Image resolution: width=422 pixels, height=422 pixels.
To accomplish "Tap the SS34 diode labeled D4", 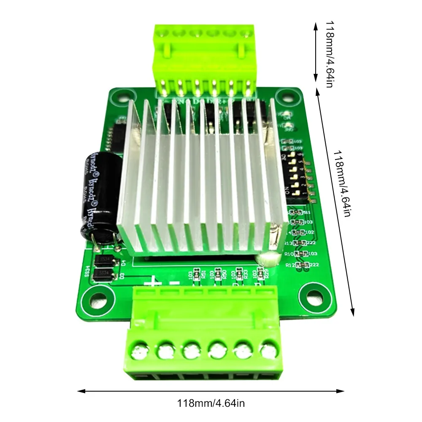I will point(103,260).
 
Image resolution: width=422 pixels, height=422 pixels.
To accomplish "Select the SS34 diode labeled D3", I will point(101,275).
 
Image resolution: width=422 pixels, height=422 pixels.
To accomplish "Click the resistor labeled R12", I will point(303,265).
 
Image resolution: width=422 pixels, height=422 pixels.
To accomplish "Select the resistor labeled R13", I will point(300,243).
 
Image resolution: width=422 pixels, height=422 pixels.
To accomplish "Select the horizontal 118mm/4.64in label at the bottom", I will point(211,403).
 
